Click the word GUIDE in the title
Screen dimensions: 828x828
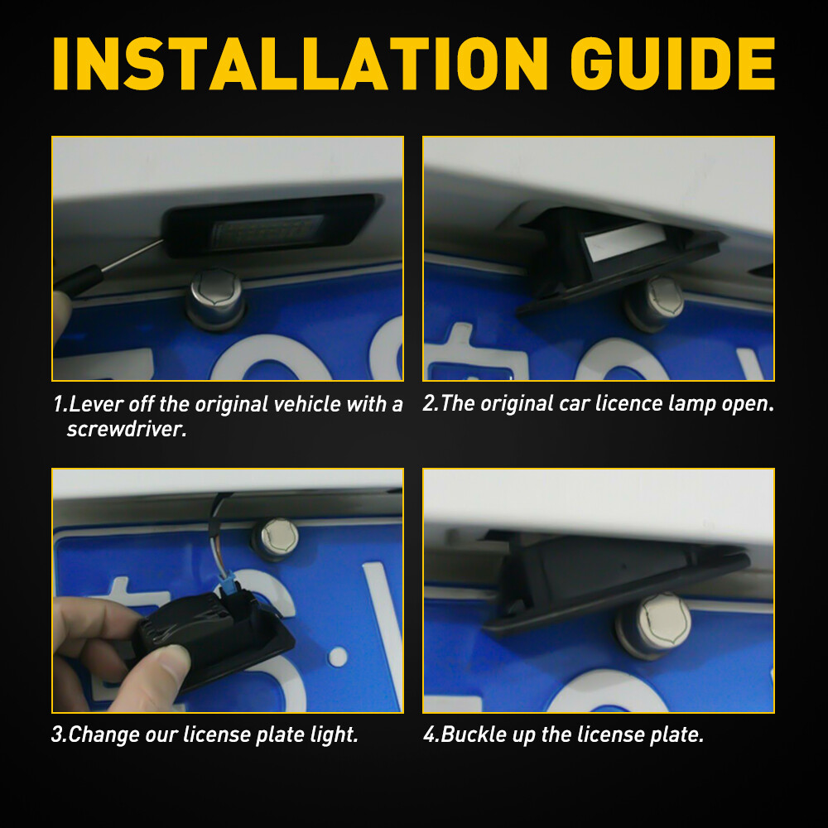coord(672,64)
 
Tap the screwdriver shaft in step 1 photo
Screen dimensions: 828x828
coord(132,256)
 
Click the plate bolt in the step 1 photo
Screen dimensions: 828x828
coord(215,298)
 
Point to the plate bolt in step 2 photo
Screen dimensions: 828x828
coord(655,304)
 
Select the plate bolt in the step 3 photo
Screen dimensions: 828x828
coord(276,539)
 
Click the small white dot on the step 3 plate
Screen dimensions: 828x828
coord(338,657)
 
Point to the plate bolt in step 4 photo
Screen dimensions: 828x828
coord(654,625)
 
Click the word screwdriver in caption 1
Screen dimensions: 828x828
coord(127,429)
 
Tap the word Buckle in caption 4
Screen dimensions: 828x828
coord(473,734)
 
